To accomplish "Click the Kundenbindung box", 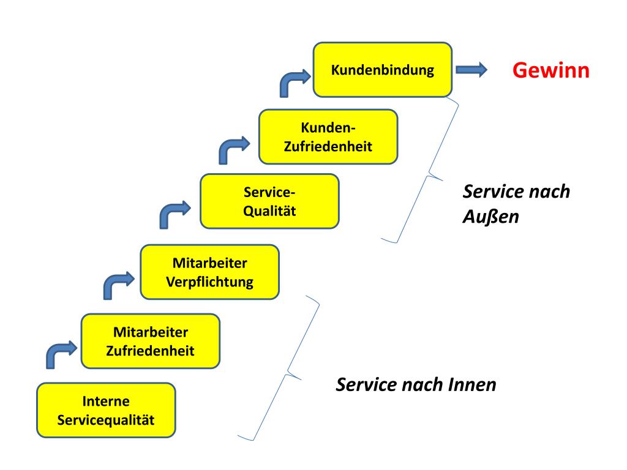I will click(x=383, y=70).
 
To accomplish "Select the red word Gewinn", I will click(x=551, y=70).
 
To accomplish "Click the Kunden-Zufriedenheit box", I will click(x=328, y=136).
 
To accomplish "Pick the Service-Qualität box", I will click(x=269, y=201).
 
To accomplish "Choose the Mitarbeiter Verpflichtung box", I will click(x=209, y=272).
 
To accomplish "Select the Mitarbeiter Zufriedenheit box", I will click(x=150, y=341).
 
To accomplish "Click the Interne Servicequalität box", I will click(x=106, y=410).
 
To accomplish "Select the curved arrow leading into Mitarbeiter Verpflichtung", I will click(x=115, y=285).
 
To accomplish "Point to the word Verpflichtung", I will click(x=209, y=282).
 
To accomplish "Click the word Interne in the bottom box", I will click(x=106, y=401).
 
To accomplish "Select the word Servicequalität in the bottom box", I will click(x=106, y=420).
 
